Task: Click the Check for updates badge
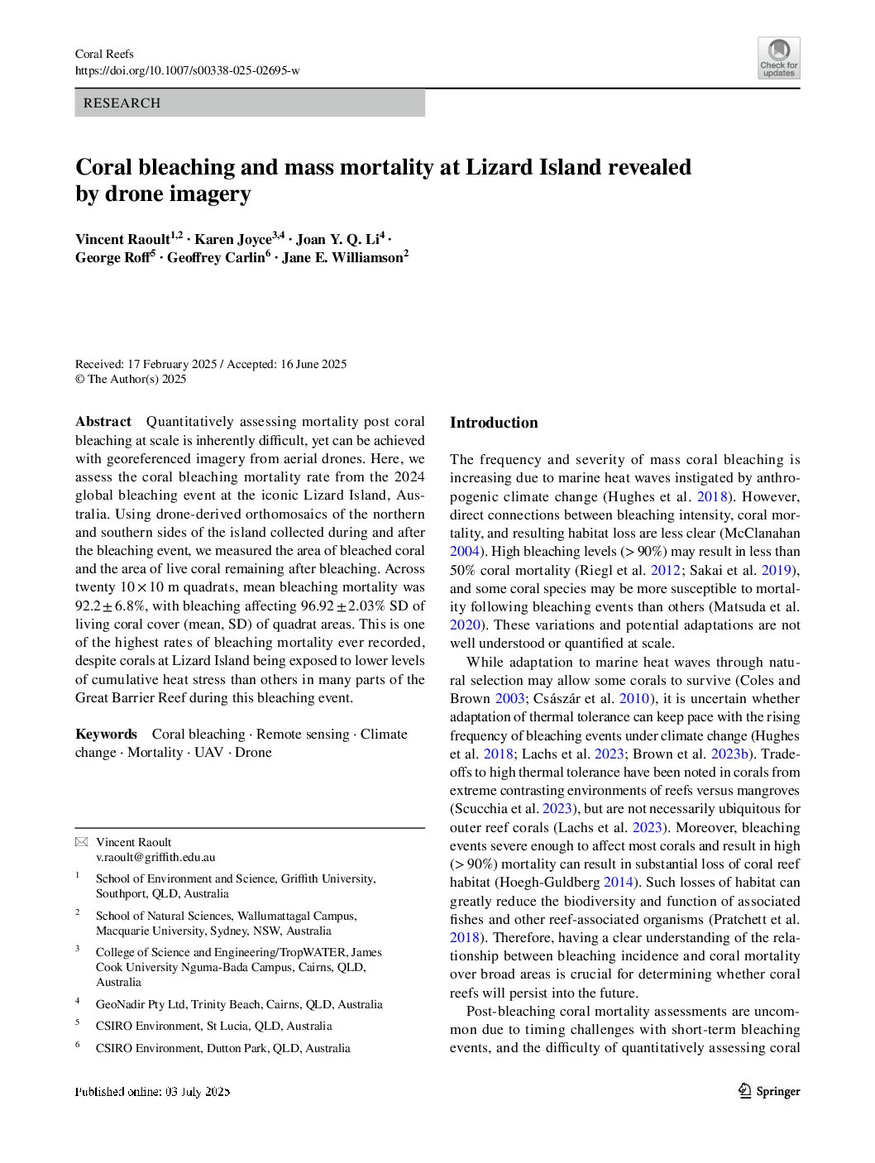[778, 58]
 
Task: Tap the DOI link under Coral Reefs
[187, 71]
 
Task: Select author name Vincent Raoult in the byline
[122, 240]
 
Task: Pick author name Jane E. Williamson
[342, 258]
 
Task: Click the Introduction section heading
[494, 423]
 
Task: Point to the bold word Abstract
[103, 422]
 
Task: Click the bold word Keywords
[106, 735]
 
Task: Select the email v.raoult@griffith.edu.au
[155, 858]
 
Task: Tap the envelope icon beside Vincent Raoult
[81, 842]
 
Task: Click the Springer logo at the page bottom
[769, 1091]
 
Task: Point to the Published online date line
[152, 1092]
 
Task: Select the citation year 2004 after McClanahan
[464, 552]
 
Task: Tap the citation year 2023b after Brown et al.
[729, 754]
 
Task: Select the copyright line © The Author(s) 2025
[131, 380]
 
